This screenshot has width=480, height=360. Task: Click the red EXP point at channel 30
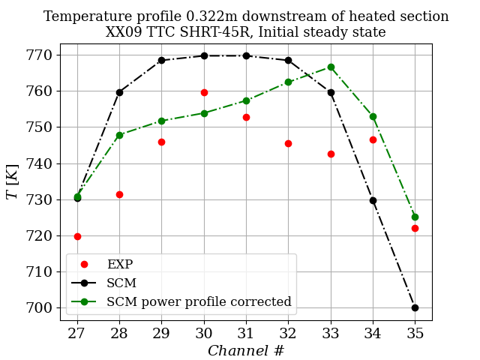click(x=204, y=92)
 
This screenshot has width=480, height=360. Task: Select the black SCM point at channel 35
click(x=415, y=307)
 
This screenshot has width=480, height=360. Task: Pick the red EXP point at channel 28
click(x=119, y=194)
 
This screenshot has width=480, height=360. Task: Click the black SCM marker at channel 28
click(x=119, y=92)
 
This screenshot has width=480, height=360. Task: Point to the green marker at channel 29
click(x=161, y=121)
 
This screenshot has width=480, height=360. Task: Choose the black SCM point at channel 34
click(x=373, y=200)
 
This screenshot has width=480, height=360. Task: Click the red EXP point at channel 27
click(x=77, y=236)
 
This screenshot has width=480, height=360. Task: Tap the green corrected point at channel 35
click(x=415, y=217)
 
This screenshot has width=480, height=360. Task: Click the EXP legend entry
click(x=120, y=264)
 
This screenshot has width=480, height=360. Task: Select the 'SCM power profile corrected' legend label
click(x=199, y=301)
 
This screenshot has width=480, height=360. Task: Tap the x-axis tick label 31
click(x=246, y=333)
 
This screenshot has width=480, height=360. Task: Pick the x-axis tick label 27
click(x=77, y=333)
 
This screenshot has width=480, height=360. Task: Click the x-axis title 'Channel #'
click(x=246, y=350)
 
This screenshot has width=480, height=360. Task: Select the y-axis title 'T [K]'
click(x=12, y=184)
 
